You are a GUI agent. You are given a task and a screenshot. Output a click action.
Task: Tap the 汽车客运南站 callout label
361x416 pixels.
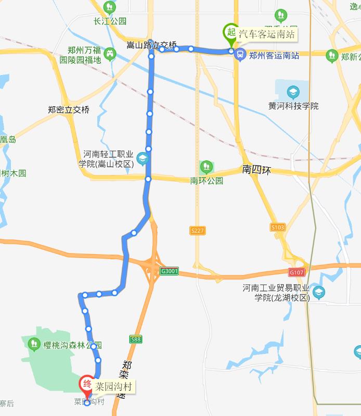point(267,35)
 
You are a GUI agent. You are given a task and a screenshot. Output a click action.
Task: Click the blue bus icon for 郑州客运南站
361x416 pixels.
point(240,53)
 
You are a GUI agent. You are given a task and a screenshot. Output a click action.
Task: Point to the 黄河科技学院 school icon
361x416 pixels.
point(293,93)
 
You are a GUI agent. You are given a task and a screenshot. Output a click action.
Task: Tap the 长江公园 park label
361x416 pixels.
point(110,21)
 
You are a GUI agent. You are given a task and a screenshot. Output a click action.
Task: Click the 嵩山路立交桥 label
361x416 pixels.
point(152,45)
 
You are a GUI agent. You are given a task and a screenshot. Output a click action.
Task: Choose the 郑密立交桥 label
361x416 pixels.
point(69,110)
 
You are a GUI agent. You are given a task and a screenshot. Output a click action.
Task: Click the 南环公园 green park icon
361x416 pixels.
point(207,167)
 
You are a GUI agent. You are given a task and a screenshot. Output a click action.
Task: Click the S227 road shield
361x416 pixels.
point(196,231)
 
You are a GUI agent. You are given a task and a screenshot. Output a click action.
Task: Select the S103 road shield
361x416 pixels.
point(278,228)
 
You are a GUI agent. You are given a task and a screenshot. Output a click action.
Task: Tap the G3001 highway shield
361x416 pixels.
point(170,271)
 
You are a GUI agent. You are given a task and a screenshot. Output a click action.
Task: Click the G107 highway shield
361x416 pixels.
point(296,272)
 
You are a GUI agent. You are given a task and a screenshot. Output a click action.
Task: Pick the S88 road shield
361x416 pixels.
point(135,339)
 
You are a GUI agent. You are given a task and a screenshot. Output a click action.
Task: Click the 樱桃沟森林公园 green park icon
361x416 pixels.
point(34,344)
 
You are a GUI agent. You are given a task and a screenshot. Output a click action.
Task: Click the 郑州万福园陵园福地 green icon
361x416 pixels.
point(110,54)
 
